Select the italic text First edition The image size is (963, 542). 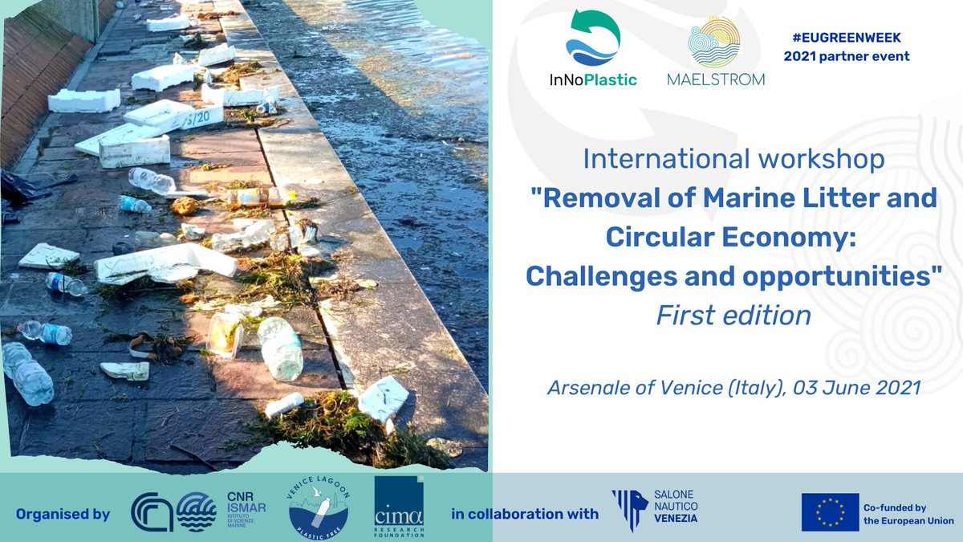click(733, 316)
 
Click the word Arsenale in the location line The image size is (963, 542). click(590, 387)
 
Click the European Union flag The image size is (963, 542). click(830, 511)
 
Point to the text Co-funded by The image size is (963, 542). click(895, 507)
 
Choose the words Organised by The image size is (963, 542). click(63, 514)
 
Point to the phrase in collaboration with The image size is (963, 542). click(525, 514)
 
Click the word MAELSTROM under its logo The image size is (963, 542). click(716, 79)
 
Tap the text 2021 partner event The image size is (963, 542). click(847, 56)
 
